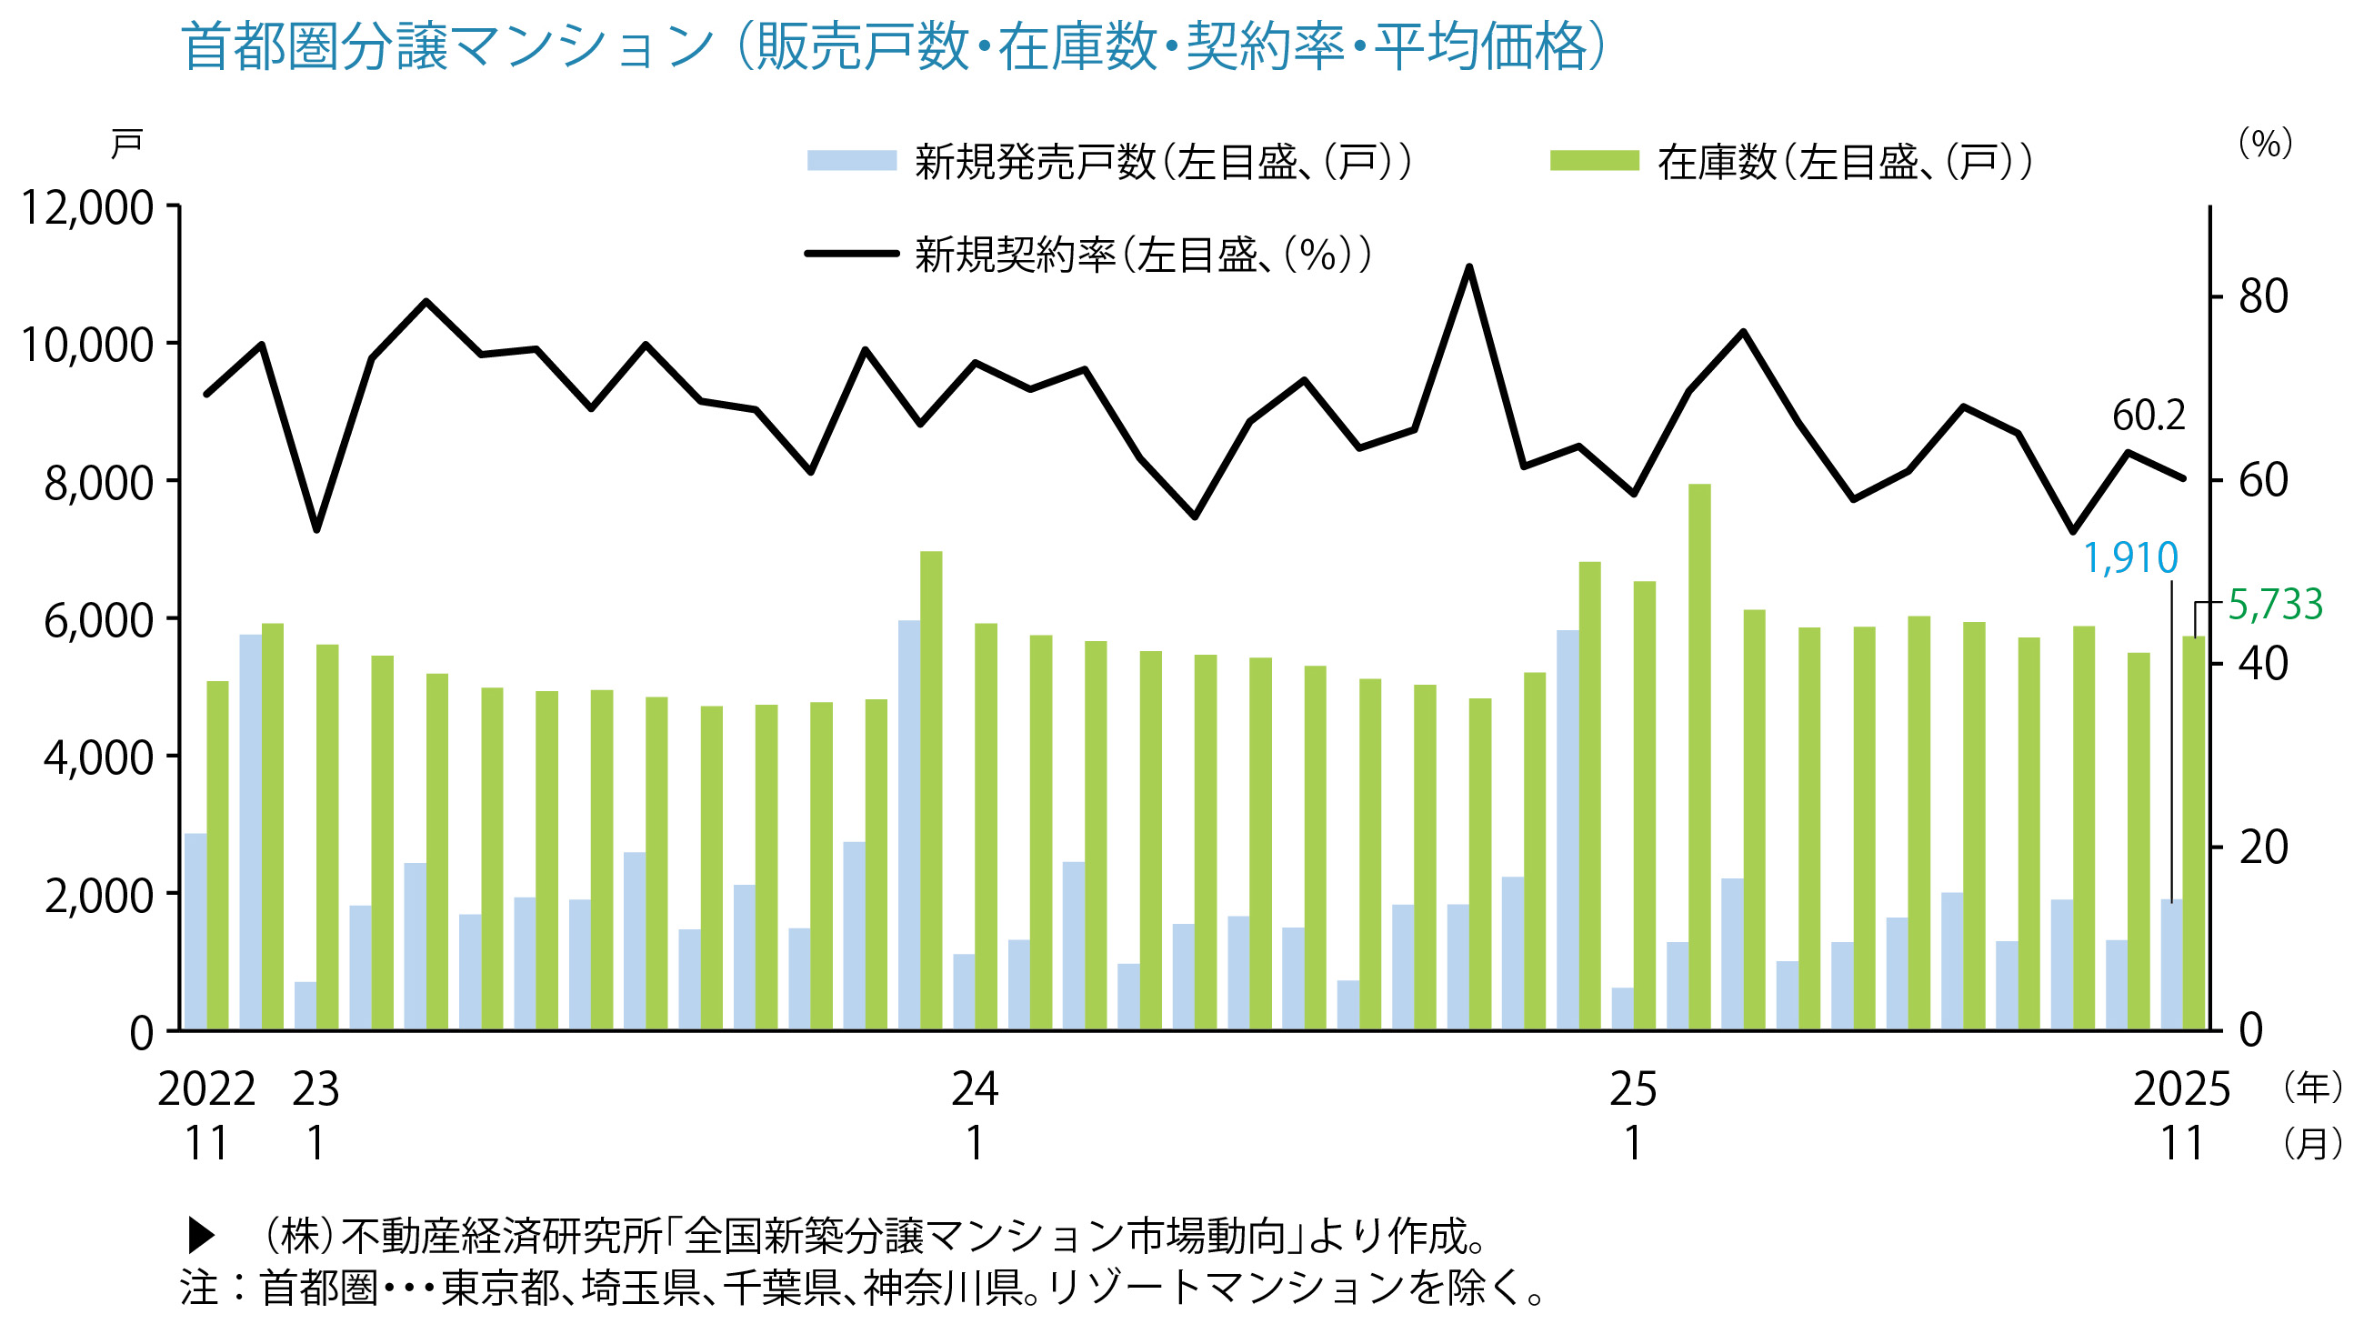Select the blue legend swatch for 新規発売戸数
[851, 161]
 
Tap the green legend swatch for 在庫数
[1594, 161]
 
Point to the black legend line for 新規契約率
[851, 253]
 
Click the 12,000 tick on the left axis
[87, 207]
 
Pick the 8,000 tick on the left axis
[98, 483]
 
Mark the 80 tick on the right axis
[2263, 296]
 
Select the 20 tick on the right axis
[2263, 847]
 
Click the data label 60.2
[2149, 416]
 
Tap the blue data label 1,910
[2130, 557]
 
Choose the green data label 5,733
[2275, 604]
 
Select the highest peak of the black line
[1469, 267]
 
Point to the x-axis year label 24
[975, 1089]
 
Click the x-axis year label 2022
[206, 1089]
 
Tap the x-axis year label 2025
[2181, 1089]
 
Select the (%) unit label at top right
[2266, 142]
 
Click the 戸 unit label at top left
[125, 144]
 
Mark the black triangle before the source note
[201, 1236]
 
